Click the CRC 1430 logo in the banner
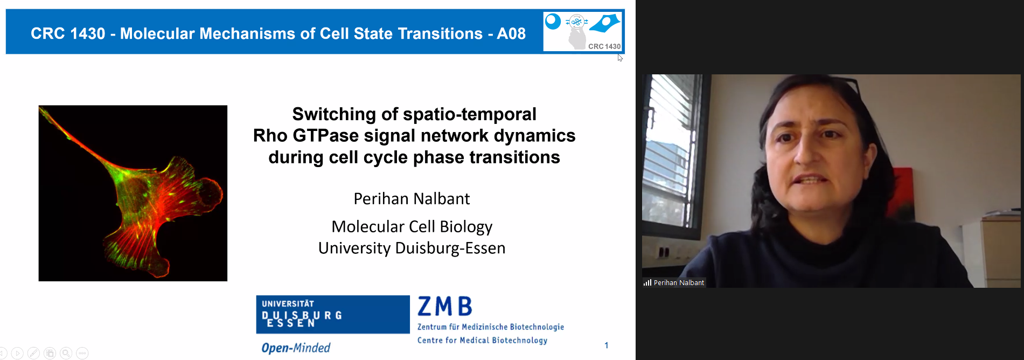pyautogui.click(x=583, y=32)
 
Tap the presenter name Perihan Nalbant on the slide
pyautogui.click(x=412, y=199)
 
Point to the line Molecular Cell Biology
pyautogui.click(x=412, y=227)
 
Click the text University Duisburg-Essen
pyautogui.click(x=412, y=248)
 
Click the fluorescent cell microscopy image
pyautogui.click(x=133, y=193)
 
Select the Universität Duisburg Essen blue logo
pyautogui.click(x=333, y=314)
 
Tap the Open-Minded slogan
pyautogui.click(x=296, y=348)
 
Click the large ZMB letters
pyautogui.click(x=445, y=307)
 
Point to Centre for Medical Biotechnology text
pyautogui.click(x=482, y=340)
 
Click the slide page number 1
pyautogui.click(x=607, y=345)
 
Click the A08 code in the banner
pyautogui.click(x=511, y=33)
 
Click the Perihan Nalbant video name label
pyautogui.click(x=679, y=282)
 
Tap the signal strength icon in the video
pyautogui.click(x=647, y=282)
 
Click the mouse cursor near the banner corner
pyautogui.click(x=620, y=58)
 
